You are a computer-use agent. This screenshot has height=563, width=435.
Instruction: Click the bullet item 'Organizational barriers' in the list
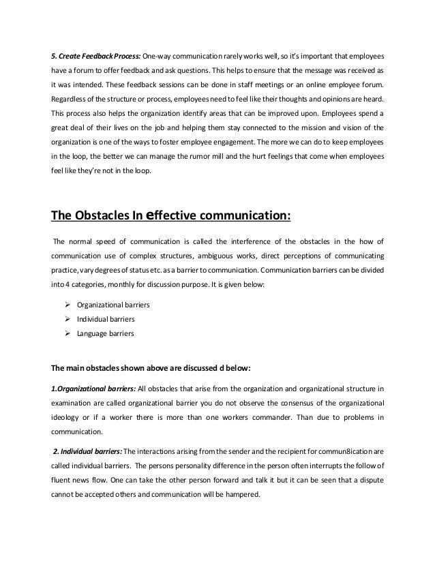tap(117, 304)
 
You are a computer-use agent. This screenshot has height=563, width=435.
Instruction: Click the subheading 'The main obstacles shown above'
tap(150, 369)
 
